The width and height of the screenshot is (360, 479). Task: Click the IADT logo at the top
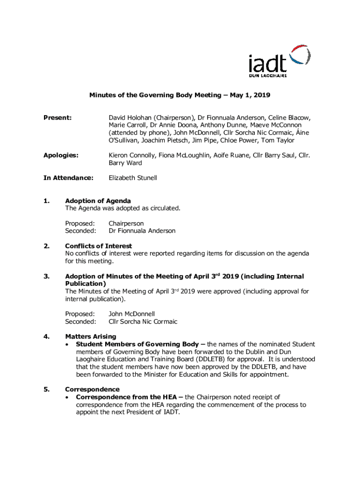pyautogui.click(x=279, y=61)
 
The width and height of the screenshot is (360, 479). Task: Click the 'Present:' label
pyautogui.click(x=58, y=118)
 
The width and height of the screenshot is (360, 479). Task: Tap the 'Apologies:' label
pyautogui.click(x=61, y=155)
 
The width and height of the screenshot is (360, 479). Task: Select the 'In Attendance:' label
pyautogui.click(x=68, y=178)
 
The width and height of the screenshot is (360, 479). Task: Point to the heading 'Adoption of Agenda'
pyautogui.click(x=98, y=201)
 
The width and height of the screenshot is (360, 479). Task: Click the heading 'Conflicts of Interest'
pyautogui.click(x=98, y=246)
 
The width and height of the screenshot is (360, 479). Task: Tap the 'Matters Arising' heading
pyautogui.click(x=91, y=336)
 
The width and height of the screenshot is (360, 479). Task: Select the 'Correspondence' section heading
pyautogui.click(x=92, y=389)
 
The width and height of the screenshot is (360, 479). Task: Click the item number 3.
pyautogui.click(x=46, y=276)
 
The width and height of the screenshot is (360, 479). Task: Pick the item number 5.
pyautogui.click(x=46, y=389)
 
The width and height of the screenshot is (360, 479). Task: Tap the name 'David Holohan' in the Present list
pyautogui.click(x=130, y=118)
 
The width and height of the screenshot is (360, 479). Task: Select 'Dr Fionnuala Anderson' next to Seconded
pyautogui.click(x=142, y=231)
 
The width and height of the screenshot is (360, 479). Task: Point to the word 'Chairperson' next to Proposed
pyautogui.click(x=126, y=223)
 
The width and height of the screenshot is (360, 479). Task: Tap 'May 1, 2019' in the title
pyautogui.click(x=250, y=95)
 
